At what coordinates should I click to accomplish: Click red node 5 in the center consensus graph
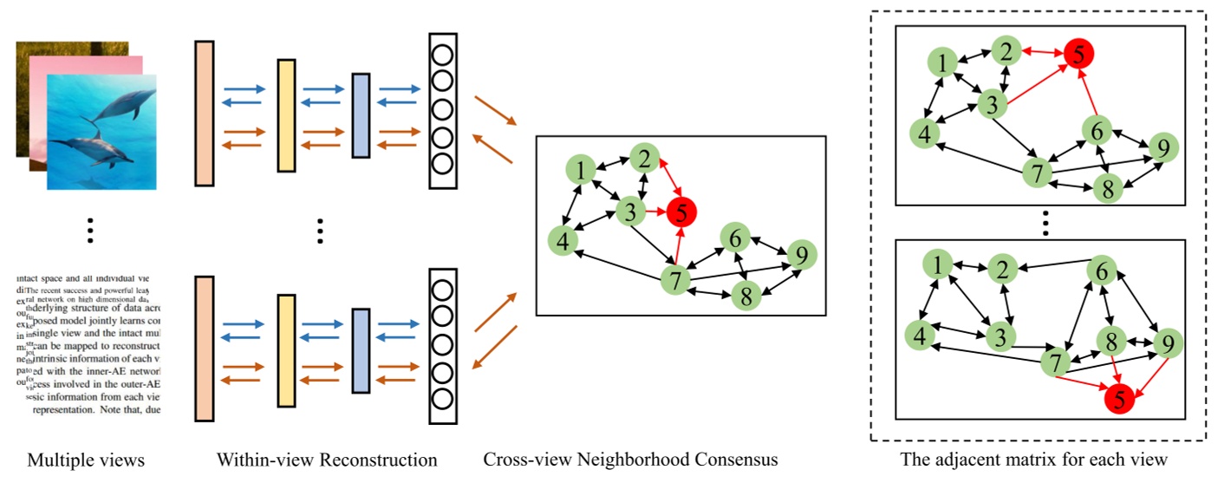point(682,211)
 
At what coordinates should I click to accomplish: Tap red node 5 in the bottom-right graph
point(1119,400)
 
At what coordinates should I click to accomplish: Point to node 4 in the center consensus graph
point(563,242)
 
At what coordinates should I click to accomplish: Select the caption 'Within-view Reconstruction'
point(327,459)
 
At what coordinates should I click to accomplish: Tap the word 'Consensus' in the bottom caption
point(737,459)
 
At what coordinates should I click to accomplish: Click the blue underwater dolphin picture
point(101,131)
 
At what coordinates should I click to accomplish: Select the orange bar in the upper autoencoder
point(204,113)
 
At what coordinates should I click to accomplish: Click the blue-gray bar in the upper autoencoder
point(361,115)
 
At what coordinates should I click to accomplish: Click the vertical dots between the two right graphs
point(1045,224)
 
